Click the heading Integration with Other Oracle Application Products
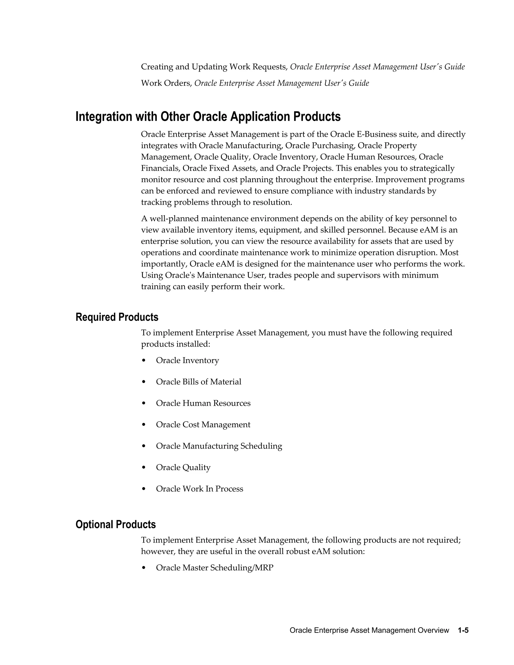pos(208,117)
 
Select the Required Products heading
pos(117,317)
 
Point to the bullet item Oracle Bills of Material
pos(199,382)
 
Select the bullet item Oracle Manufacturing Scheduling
pos(219,446)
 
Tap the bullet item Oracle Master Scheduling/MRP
pos(215,568)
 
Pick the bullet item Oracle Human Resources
pos(203,403)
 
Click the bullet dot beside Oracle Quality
pos(144,468)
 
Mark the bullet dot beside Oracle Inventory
pos(144,361)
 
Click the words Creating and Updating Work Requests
pos(214,67)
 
